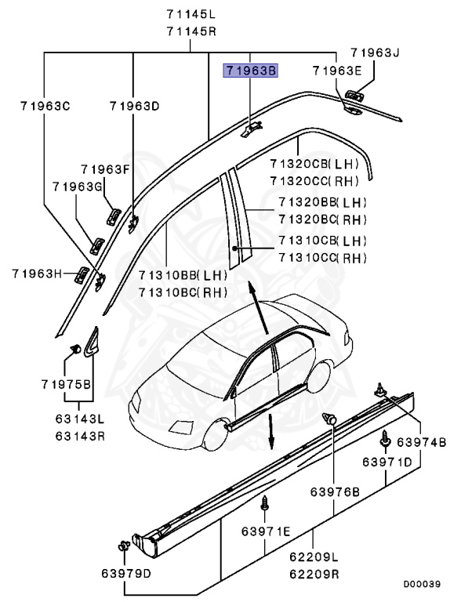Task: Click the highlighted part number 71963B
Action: (251, 71)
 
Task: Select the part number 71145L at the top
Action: (191, 14)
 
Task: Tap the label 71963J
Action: (375, 53)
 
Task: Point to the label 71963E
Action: (336, 71)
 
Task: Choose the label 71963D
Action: (134, 105)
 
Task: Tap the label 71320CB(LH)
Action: (314, 164)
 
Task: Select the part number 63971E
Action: (266, 532)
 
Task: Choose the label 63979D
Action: (128, 572)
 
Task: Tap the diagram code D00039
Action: (423, 584)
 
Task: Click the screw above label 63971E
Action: (265, 502)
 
